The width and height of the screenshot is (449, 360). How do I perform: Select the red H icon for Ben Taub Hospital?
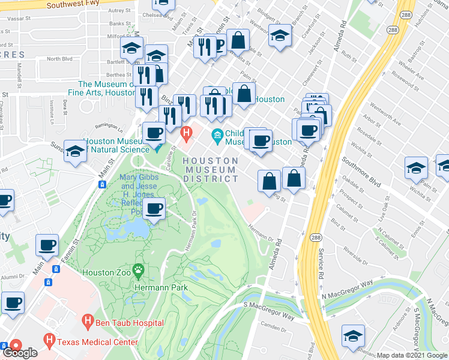[x=88, y=322]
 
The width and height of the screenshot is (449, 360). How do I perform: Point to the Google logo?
[x=20, y=353]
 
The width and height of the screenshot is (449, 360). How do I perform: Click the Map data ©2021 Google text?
[x=412, y=355]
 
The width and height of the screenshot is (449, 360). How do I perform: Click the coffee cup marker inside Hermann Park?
[x=154, y=209]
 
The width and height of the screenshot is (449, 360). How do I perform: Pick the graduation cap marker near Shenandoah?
[x=353, y=336]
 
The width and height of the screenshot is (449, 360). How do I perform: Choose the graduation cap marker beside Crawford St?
[x=280, y=36]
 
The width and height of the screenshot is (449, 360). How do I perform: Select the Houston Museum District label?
[x=210, y=170]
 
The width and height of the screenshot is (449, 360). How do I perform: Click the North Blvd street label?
[x=59, y=59]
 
